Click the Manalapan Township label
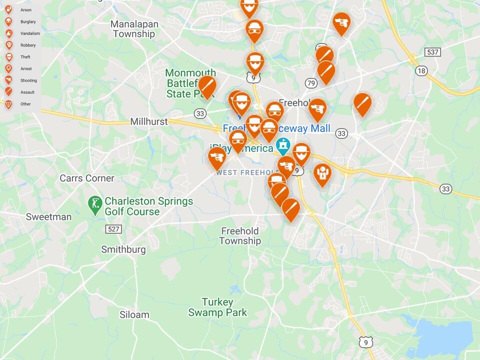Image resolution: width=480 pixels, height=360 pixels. click(x=134, y=29)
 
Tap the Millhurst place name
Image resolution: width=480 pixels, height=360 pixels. click(x=148, y=121)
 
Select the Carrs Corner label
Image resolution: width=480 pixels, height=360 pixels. click(x=87, y=178)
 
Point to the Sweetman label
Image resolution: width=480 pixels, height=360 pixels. click(x=48, y=216)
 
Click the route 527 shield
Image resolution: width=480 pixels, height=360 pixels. click(x=113, y=229)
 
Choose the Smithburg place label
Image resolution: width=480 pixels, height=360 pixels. click(x=123, y=249)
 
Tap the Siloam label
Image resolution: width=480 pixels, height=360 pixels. click(x=134, y=314)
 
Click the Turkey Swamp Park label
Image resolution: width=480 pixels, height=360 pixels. click(x=217, y=307)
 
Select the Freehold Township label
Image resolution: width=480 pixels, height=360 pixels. click(x=240, y=236)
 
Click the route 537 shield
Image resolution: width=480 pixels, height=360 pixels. click(x=432, y=52)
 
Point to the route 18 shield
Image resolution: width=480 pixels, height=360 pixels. click(x=421, y=70)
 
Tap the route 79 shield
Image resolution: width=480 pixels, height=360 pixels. click(x=311, y=83)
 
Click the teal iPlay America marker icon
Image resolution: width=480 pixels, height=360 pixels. click(x=283, y=146)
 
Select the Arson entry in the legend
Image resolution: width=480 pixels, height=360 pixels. click(x=20, y=9)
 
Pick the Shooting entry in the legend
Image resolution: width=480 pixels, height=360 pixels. click(x=22, y=80)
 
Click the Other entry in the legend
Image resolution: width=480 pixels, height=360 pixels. click(x=20, y=104)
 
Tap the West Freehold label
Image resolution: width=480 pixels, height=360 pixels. click(x=245, y=172)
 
